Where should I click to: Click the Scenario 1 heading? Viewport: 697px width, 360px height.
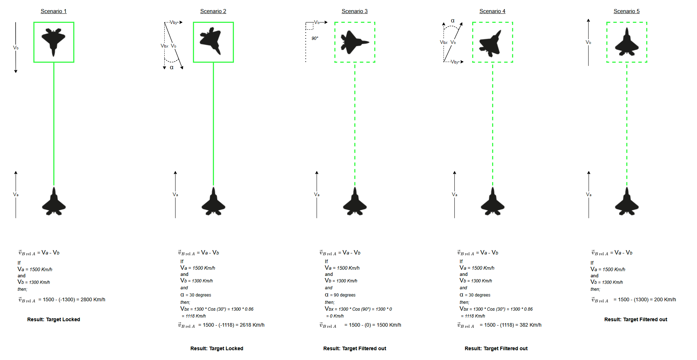point(54,11)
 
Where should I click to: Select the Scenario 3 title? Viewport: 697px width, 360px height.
point(354,11)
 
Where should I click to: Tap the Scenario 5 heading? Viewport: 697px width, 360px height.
point(626,11)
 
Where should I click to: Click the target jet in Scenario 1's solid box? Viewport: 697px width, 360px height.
point(54,41)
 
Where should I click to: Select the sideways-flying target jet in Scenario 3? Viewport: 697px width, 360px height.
point(354,42)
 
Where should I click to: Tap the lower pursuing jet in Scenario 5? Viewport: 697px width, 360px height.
point(627,202)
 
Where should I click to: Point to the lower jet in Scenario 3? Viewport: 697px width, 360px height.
point(355,202)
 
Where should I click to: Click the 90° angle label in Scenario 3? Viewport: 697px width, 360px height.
point(315,38)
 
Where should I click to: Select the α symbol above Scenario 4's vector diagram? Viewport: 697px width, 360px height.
point(453,21)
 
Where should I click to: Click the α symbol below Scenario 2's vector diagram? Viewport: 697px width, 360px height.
point(172,67)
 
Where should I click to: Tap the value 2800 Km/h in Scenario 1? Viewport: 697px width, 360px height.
point(93,300)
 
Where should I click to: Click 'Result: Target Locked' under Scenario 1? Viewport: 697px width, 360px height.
point(54,320)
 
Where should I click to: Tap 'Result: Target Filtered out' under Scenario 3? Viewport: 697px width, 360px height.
point(355,349)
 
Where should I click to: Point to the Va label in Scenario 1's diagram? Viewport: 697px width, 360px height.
point(16,195)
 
